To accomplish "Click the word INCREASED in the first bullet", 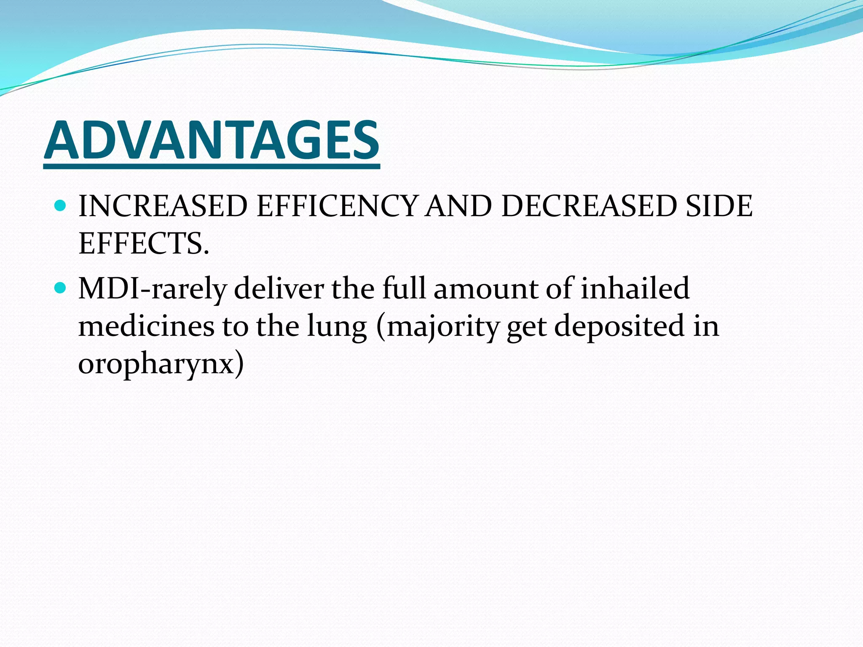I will coord(163,206).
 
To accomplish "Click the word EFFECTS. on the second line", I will coord(144,244).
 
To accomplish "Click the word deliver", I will coord(279,289).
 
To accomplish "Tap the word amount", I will coord(486,289).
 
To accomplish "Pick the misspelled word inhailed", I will coord(635,289).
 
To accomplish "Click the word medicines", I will coord(146,326).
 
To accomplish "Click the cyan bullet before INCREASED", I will coord(61,206).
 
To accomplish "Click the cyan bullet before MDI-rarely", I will coord(61,288).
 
